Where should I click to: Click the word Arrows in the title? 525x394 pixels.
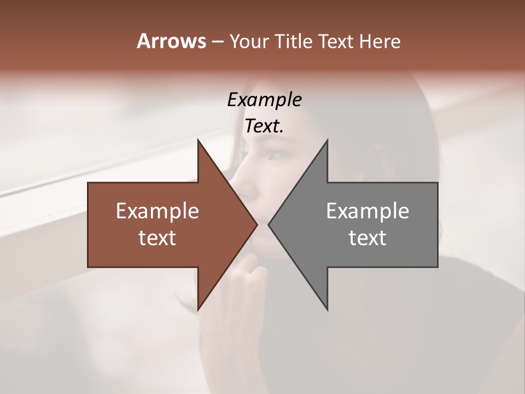171,41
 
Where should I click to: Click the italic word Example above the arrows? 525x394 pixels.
264,100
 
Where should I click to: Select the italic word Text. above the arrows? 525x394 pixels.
264,126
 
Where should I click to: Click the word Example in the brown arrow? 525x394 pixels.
157,211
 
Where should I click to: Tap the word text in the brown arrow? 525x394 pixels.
157,237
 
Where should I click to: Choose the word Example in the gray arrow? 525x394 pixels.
367,211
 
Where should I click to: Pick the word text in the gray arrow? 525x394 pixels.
367,237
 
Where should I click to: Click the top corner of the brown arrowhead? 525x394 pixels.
198,140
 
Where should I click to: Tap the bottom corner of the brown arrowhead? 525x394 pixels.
198,309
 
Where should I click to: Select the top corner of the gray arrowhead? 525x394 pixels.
327,140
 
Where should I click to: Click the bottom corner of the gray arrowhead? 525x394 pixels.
327,309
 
